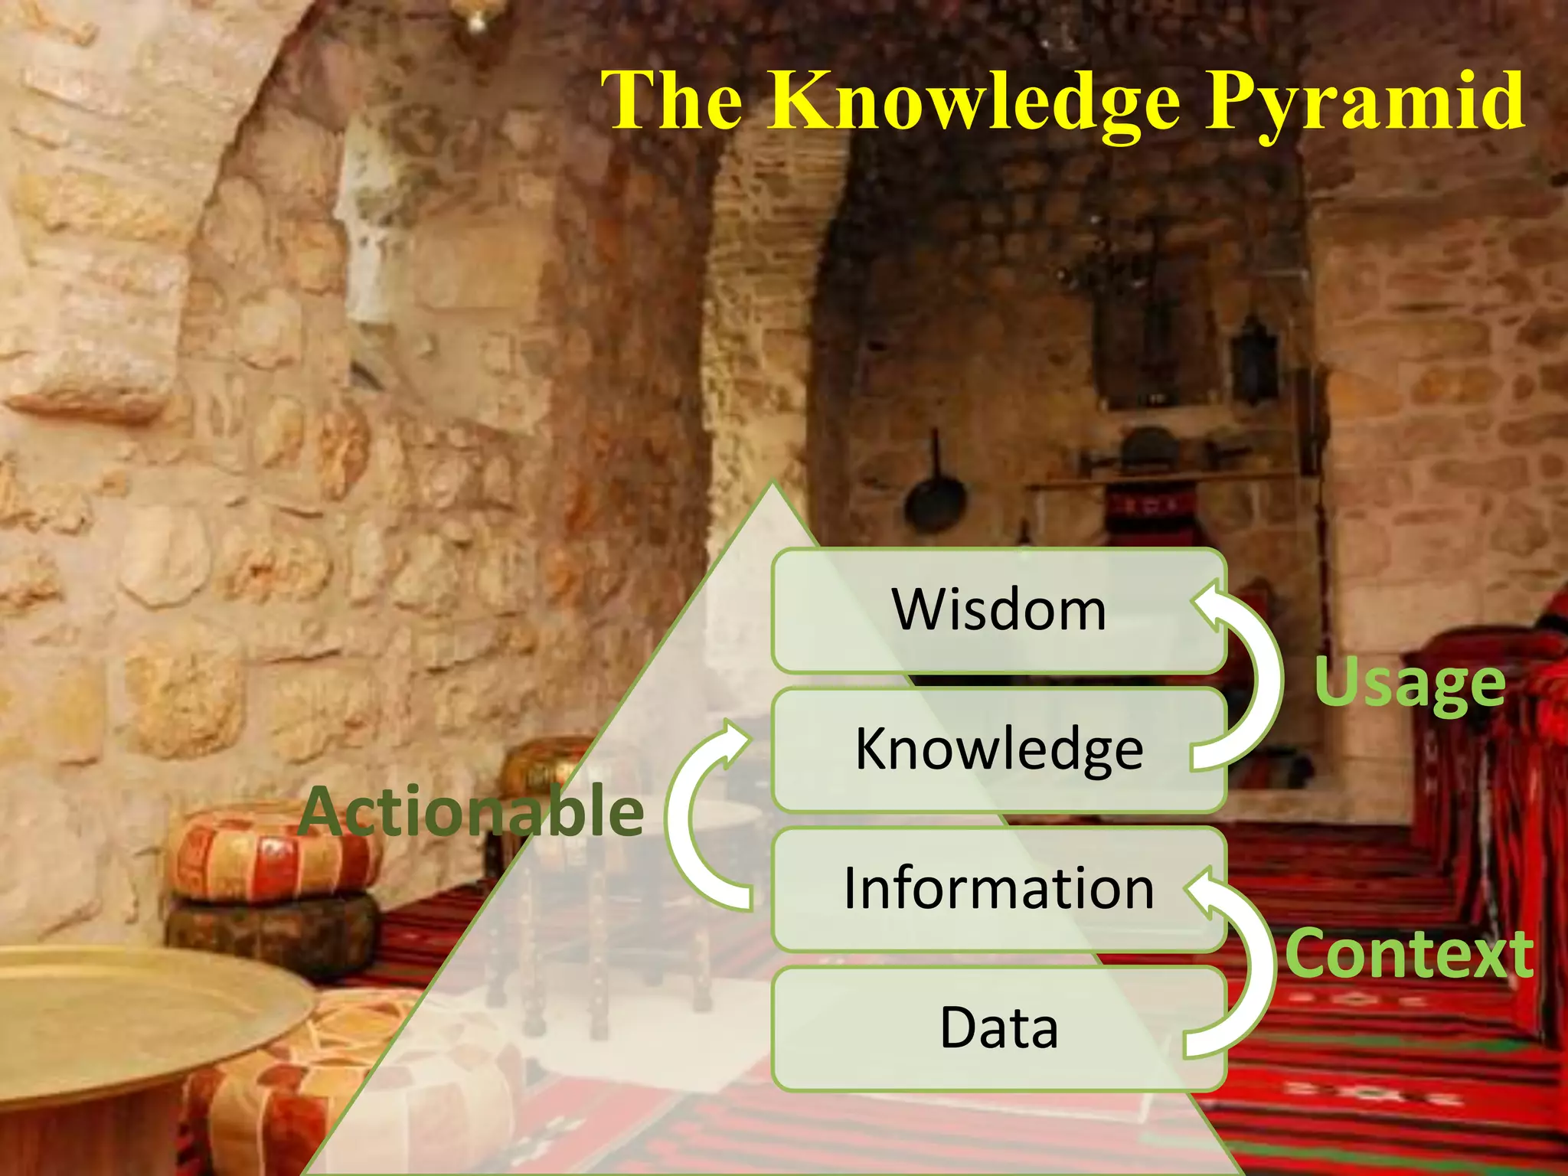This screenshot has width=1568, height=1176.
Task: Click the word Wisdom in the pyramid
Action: click(x=999, y=610)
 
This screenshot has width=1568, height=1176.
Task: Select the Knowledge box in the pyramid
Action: click(x=999, y=750)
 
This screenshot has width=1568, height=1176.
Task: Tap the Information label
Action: click(x=999, y=889)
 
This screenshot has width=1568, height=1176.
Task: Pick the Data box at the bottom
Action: click(x=999, y=1028)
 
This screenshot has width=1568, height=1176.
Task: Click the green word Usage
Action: click(x=1410, y=683)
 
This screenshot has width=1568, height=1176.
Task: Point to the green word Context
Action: click(x=1410, y=954)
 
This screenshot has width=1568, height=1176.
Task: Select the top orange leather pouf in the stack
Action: click(x=272, y=850)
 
